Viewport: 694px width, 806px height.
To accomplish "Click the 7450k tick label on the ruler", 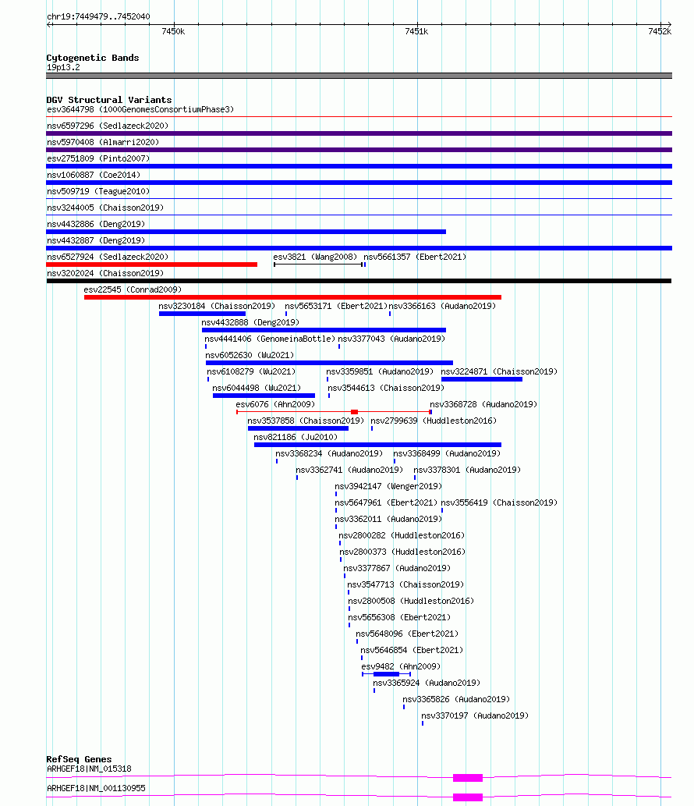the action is pyautogui.click(x=173, y=31).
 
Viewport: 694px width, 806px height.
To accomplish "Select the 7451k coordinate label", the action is pyautogui.click(x=416, y=31).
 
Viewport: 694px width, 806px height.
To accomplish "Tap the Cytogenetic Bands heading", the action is pyautogui.click(x=93, y=58).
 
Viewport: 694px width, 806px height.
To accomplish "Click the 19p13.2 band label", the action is pyautogui.click(x=63, y=67).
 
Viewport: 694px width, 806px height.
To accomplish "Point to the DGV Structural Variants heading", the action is pyautogui.click(x=109, y=100).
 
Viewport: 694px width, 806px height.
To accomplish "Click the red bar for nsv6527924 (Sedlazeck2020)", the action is pyautogui.click(x=151, y=265).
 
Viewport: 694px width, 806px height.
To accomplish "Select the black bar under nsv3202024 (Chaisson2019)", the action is pyautogui.click(x=359, y=281).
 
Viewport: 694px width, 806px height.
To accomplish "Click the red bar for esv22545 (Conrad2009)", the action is pyautogui.click(x=292, y=297).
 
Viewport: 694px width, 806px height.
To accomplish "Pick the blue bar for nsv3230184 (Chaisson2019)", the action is pyautogui.click(x=203, y=314).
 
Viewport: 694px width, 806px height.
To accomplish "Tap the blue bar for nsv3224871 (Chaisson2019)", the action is pyautogui.click(x=482, y=379).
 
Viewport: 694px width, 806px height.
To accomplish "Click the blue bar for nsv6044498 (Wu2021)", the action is pyautogui.click(x=264, y=396).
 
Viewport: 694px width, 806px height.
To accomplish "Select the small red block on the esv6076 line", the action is pyautogui.click(x=355, y=412).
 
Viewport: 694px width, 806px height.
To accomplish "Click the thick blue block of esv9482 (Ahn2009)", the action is pyautogui.click(x=386, y=674).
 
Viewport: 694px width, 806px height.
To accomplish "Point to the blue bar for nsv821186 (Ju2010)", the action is pyautogui.click(x=377, y=446).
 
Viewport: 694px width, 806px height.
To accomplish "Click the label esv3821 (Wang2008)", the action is pyautogui.click(x=315, y=257).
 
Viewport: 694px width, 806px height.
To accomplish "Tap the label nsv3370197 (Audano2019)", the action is pyautogui.click(x=475, y=715).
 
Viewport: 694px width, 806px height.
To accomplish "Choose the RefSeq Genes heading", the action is pyautogui.click(x=79, y=759).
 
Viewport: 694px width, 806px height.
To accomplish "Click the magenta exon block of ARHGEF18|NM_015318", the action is pyautogui.click(x=468, y=778).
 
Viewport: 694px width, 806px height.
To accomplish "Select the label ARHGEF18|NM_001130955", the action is pyautogui.click(x=96, y=789).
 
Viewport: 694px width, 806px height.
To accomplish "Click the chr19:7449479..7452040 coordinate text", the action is pyautogui.click(x=98, y=16).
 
